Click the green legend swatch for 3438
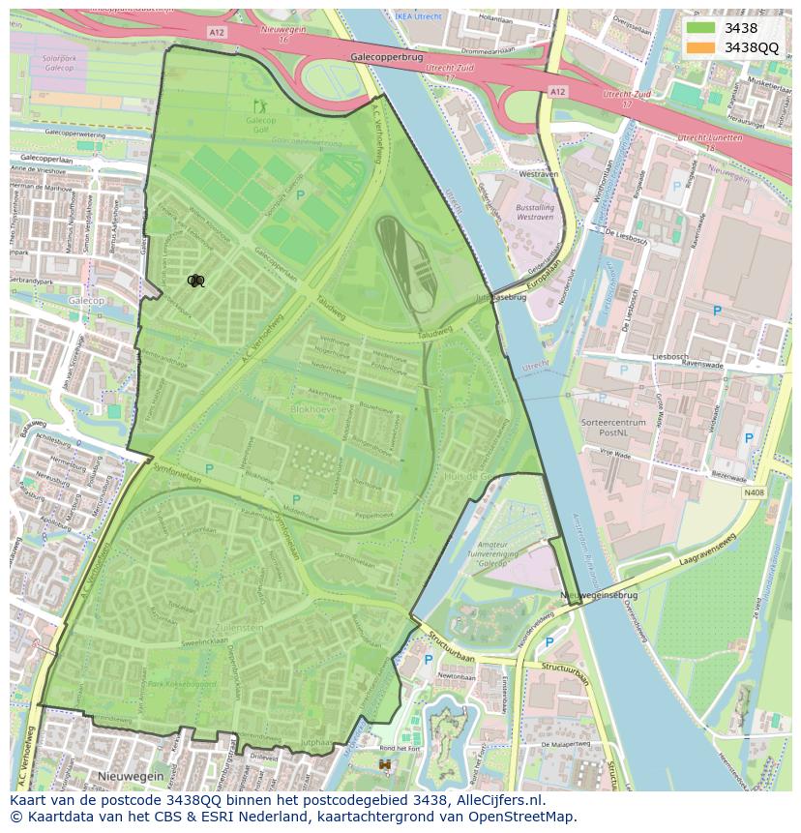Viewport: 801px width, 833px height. (x=700, y=28)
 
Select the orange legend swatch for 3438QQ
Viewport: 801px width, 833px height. (x=700, y=47)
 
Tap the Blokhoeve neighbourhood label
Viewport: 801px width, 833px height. (x=312, y=409)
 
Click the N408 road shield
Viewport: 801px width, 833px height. (x=753, y=492)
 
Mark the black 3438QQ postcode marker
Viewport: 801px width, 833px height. (x=195, y=281)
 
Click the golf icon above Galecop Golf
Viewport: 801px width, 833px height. (x=258, y=105)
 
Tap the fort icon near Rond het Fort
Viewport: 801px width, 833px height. (x=385, y=764)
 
